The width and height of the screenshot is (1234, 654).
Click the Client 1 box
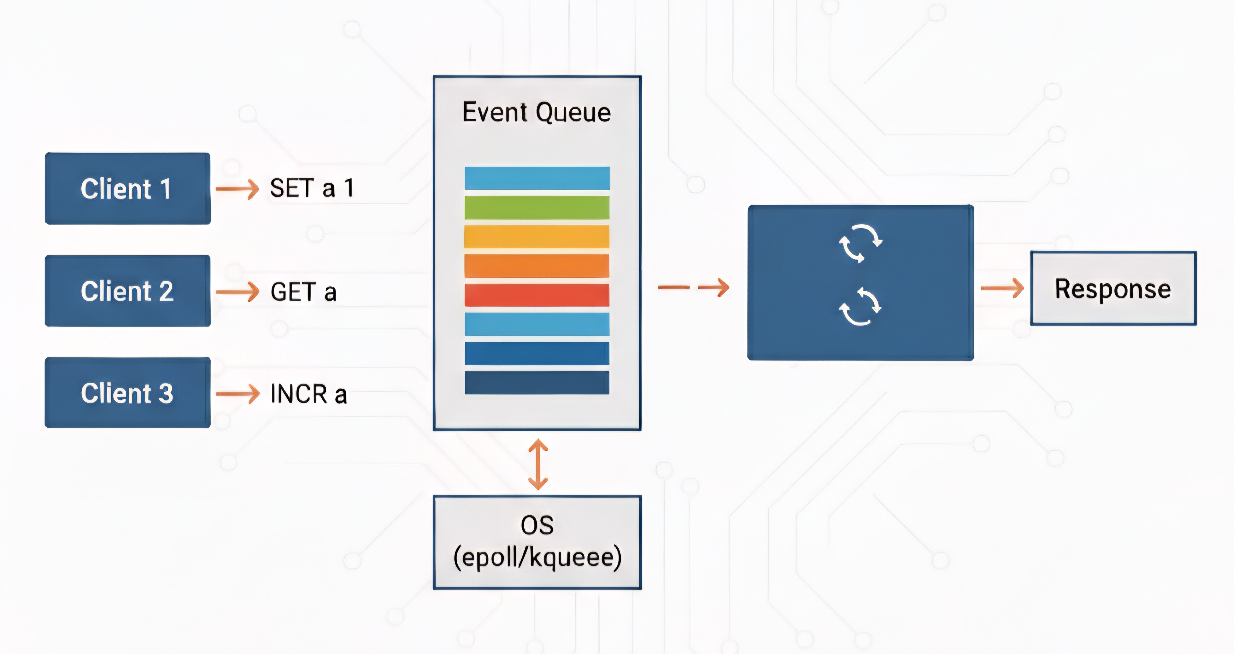[127, 188]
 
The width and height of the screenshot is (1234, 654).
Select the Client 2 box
[127, 291]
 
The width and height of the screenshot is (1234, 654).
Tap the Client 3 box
[127, 393]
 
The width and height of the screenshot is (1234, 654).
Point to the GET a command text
[304, 292]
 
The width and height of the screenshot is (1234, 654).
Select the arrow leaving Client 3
[238, 394]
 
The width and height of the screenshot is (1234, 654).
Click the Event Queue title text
[537, 113]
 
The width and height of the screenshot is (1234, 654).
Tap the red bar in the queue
[537, 295]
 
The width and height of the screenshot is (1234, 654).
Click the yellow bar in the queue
[537, 236]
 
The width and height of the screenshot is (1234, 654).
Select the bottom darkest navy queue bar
[537, 382]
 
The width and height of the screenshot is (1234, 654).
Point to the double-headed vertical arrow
[538, 464]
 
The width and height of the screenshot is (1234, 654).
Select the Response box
[1113, 288]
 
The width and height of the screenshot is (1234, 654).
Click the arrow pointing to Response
[1002, 288]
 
